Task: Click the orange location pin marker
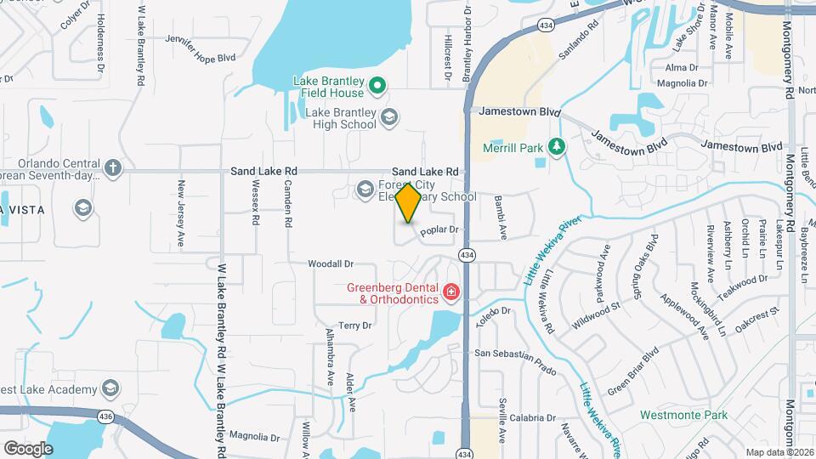(409, 203)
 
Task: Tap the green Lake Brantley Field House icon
(379, 84)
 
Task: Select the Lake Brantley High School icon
(389, 117)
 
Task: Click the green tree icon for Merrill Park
(556, 148)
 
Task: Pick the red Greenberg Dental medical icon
(450, 294)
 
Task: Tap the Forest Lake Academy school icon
(110, 389)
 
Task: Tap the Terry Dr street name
(355, 326)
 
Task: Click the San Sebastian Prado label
(514, 354)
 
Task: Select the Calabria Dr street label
(532, 418)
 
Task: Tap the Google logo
(28, 448)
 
